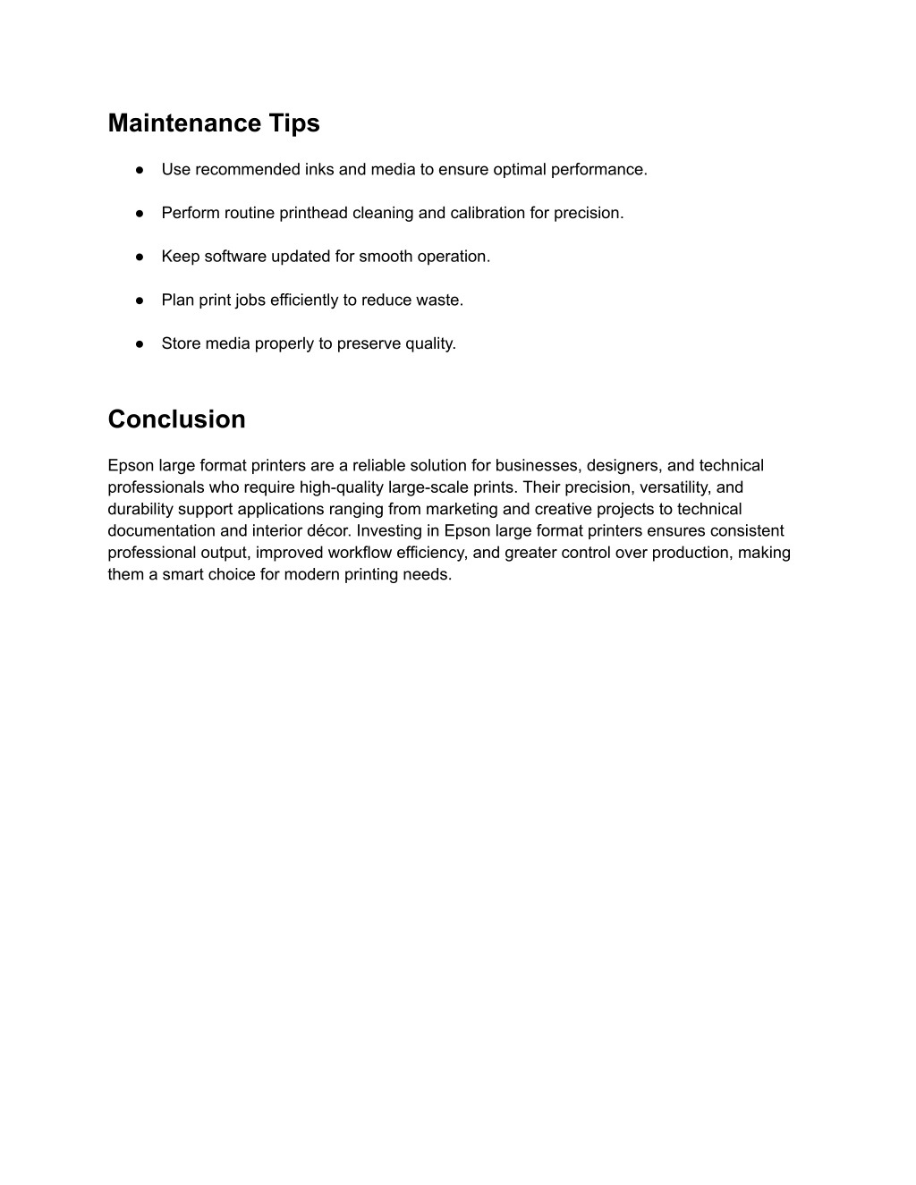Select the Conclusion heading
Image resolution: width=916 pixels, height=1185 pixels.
[x=176, y=419]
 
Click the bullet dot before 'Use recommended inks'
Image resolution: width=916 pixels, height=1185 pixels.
[x=140, y=170]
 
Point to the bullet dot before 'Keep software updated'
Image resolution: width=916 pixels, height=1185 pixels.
[x=140, y=257]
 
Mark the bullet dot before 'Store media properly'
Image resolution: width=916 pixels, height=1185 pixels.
[x=140, y=343]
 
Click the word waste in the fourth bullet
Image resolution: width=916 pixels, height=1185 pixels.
[x=442, y=300]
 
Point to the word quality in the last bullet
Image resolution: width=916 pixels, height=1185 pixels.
[x=430, y=343]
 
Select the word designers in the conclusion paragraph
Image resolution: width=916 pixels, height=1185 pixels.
[x=623, y=466]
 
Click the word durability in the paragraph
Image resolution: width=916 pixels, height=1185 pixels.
[x=143, y=510]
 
